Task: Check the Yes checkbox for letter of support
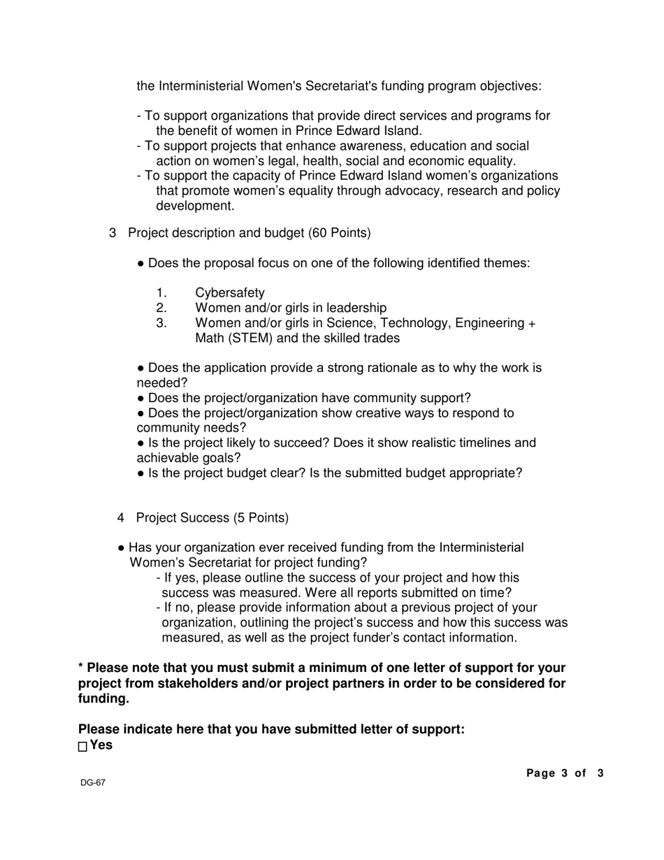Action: click(82, 747)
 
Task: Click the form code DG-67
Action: click(92, 783)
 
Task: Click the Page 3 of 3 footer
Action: click(565, 773)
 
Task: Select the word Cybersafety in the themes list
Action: click(230, 293)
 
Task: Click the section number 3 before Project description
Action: click(113, 233)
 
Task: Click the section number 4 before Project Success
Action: click(121, 518)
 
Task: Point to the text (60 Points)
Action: click(340, 233)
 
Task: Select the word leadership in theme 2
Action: click(354, 308)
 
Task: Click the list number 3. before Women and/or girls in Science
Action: click(161, 323)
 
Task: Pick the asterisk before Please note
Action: click(81, 668)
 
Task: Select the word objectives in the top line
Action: click(510, 87)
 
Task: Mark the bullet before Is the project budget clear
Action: click(141, 474)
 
